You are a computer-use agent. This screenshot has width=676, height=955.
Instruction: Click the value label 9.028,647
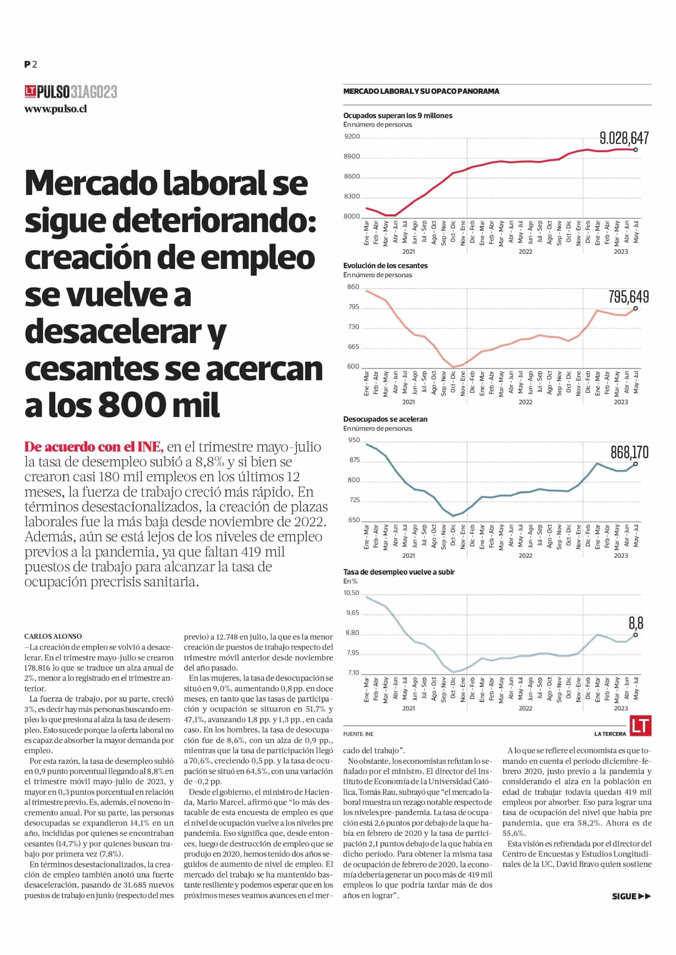click(x=624, y=138)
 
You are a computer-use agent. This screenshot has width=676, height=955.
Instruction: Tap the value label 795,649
click(x=629, y=297)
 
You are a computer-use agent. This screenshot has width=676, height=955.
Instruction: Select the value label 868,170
click(x=629, y=452)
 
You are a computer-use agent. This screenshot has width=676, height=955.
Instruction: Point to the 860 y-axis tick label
click(x=353, y=287)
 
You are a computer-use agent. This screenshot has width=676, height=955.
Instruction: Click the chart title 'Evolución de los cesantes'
click(x=385, y=265)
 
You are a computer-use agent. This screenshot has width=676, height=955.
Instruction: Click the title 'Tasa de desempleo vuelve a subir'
click(x=399, y=572)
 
